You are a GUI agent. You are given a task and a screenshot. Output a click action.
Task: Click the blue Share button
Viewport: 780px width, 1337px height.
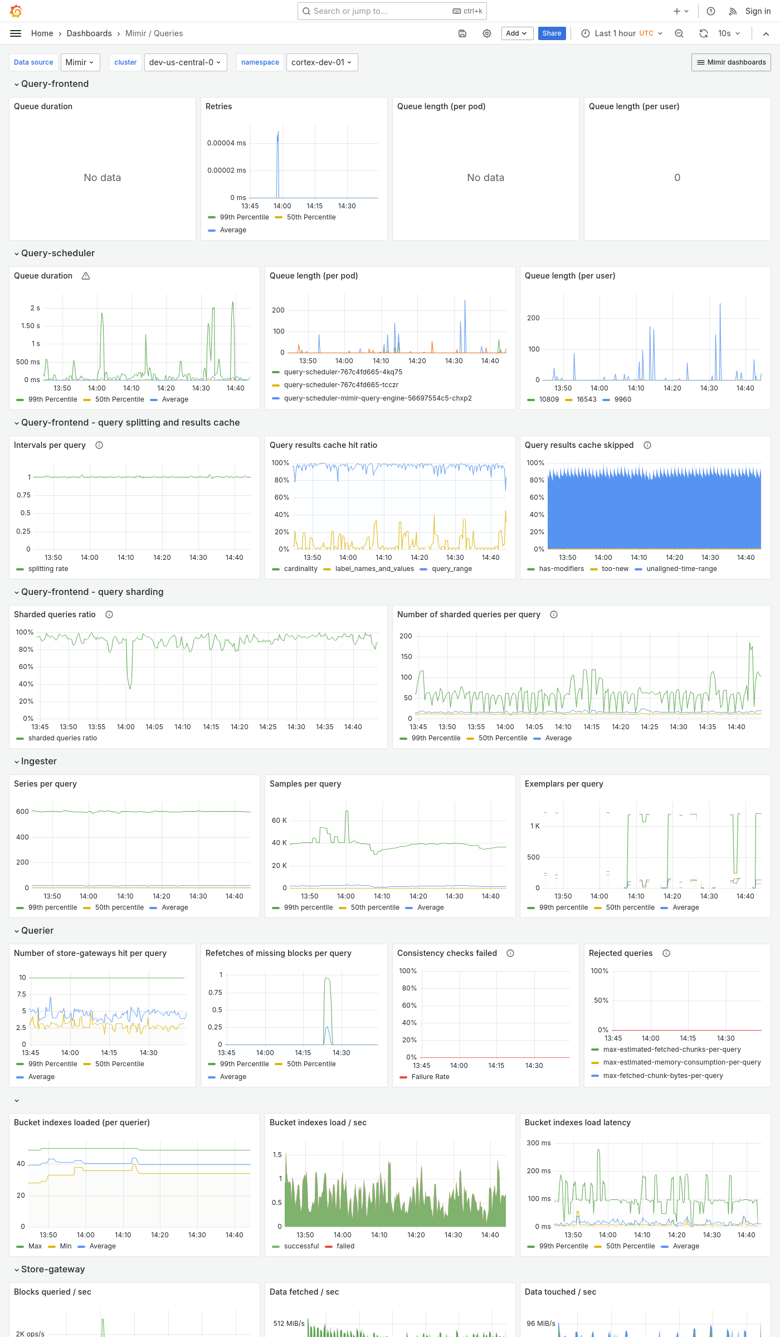click(552, 33)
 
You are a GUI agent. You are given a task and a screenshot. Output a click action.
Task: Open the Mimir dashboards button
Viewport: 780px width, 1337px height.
click(731, 62)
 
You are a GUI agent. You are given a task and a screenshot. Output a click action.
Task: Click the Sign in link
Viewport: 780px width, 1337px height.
click(758, 11)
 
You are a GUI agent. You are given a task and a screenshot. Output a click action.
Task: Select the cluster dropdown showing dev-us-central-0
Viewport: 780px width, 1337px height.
click(184, 62)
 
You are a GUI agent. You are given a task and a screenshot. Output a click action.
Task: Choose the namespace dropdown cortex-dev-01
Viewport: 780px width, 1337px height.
click(321, 62)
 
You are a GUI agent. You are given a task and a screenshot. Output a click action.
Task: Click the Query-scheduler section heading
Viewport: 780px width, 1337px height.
click(58, 253)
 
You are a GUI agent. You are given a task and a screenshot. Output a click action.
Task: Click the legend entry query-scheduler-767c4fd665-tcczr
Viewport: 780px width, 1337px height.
click(341, 385)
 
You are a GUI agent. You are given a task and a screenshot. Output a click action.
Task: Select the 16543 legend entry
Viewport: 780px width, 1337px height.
click(586, 399)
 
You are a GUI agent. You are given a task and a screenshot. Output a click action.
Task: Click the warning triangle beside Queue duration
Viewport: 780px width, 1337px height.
click(86, 276)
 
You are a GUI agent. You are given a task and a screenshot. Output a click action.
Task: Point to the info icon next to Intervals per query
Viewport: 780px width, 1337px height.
click(99, 445)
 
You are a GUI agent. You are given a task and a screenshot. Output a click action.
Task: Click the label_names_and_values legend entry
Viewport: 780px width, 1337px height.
click(374, 569)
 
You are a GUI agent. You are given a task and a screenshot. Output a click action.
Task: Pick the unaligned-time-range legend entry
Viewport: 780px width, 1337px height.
click(681, 569)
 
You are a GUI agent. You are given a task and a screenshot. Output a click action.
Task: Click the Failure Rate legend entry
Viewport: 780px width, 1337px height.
click(430, 1077)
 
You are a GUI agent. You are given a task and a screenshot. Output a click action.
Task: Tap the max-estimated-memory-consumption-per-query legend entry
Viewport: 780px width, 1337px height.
click(681, 1062)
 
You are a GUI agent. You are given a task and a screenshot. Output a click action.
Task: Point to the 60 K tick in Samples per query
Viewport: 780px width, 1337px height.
click(279, 821)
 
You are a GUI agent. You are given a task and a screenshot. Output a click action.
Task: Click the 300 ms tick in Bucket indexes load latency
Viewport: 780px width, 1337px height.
click(538, 1143)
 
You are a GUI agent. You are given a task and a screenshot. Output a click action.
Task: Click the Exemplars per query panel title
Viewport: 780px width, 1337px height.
click(564, 784)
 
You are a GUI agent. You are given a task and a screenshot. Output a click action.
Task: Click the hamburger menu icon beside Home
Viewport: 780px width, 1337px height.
click(16, 33)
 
